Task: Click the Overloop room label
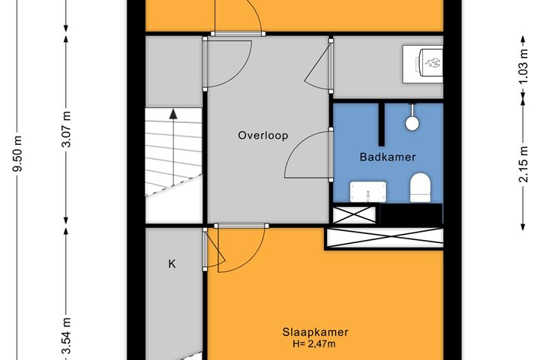click(x=263, y=136)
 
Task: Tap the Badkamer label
click(x=388, y=157)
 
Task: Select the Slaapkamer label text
click(x=315, y=332)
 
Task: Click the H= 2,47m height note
click(x=314, y=343)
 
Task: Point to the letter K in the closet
click(x=172, y=264)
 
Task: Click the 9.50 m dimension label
click(x=17, y=154)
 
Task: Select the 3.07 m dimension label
click(x=66, y=130)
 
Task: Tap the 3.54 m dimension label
click(x=66, y=336)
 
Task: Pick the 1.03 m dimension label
click(x=523, y=67)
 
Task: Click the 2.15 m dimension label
click(x=523, y=164)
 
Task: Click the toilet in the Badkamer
click(x=420, y=187)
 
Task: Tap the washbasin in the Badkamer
click(x=368, y=192)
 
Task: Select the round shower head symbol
click(x=412, y=123)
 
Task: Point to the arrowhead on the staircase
click(x=173, y=114)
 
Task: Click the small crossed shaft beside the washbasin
click(x=354, y=214)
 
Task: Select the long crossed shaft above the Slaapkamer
click(x=384, y=238)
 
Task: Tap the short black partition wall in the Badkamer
click(x=382, y=124)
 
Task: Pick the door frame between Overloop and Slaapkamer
click(x=242, y=226)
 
